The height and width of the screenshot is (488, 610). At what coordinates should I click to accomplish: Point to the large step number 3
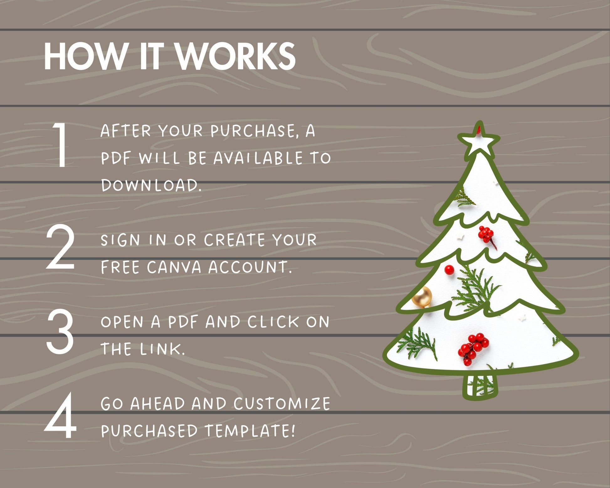[x=60, y=331]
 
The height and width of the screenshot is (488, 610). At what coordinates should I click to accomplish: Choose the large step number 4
[x=60, y=416]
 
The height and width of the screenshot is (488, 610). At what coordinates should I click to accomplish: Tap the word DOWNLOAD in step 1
[x=151, y=185]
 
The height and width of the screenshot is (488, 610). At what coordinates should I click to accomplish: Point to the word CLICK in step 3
[x=273, y=322]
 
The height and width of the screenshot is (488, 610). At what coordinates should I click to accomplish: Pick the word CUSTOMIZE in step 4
[x=282, y=403]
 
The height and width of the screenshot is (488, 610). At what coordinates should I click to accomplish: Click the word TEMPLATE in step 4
[x=250, y=431]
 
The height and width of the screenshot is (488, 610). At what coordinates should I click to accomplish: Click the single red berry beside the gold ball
[x=449, y=270]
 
